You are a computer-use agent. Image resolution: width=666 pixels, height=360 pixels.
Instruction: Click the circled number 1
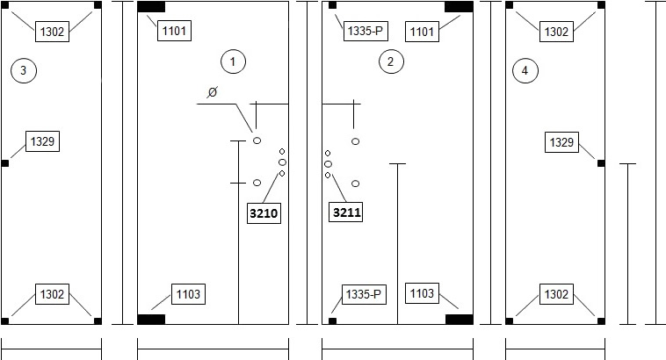click(233, 61)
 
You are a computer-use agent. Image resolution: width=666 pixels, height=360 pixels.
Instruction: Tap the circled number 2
click(391, 61)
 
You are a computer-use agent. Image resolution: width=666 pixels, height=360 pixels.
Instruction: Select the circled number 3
click(24, 70)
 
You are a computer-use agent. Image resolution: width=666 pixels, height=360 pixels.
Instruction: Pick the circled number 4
click(525, 70)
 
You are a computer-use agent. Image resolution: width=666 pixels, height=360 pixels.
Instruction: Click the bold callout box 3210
click(264, 213)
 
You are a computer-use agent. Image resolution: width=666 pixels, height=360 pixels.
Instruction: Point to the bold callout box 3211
click(346, 212)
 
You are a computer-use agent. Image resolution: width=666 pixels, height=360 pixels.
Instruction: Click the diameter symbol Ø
click(213, 91)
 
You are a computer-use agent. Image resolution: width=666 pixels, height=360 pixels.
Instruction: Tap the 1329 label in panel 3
click(42, 141)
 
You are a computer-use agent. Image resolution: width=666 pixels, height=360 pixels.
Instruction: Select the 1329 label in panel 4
click(562, 142)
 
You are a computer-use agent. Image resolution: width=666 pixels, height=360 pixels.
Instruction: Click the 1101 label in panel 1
click(174, 31)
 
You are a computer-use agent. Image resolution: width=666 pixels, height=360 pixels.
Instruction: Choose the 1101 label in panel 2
click(422, 32)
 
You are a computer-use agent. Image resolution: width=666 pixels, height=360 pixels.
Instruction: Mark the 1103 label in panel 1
click(188, 294)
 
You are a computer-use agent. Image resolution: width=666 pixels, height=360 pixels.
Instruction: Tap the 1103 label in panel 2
click(422, 293)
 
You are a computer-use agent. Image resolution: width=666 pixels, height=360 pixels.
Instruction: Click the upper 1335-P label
click(366, 31)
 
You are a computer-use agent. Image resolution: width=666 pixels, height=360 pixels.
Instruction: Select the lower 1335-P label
click(364, 294)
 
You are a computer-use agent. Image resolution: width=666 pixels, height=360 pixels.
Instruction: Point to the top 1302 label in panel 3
click(52, 32)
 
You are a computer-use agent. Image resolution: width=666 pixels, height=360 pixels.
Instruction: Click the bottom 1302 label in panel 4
click(556, 294)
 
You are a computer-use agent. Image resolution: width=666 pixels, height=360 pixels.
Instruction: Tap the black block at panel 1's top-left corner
click(151, 7)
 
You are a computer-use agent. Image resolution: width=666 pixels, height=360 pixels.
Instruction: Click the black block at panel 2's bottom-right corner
click(460, 320)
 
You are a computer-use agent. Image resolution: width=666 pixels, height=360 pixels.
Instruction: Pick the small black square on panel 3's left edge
click(5, 163)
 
